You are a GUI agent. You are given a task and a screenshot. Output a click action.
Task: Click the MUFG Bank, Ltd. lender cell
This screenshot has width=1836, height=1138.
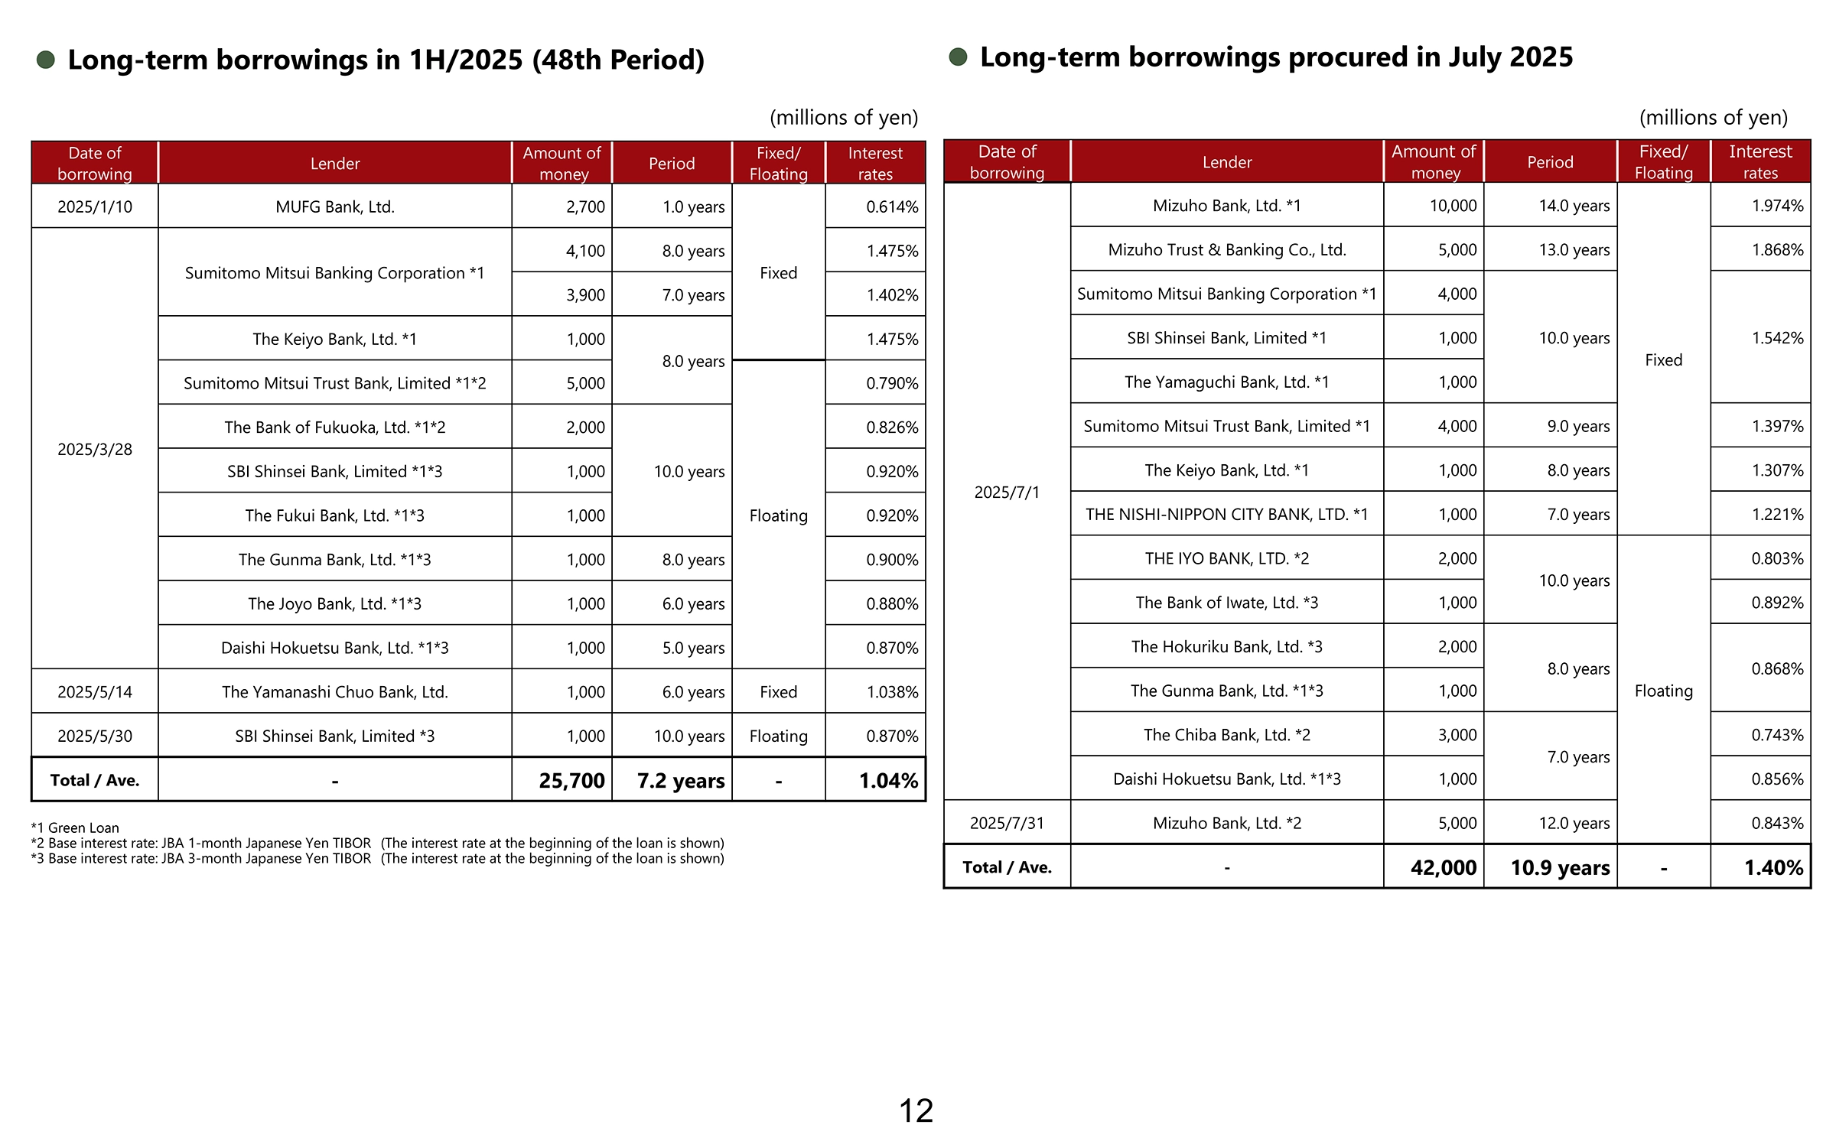pyautogui.click(x=334, y=206)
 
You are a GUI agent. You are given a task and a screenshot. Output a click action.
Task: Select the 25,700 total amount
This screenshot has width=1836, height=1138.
pyautogui.click(x=571, y=780)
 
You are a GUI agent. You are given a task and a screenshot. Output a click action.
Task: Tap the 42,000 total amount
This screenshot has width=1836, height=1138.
pyautogui.click(x=1443, y=867)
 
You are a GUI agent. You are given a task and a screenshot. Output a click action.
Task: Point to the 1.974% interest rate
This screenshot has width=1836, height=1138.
pyautogui.click(x=1777, y=206)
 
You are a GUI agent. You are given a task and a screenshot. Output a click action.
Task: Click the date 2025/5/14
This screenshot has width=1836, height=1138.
pyautogui.click(x=95, y=692)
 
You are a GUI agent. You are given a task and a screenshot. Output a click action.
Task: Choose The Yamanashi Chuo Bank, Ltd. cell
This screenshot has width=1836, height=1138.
pyautogui.click(x=334, y=692)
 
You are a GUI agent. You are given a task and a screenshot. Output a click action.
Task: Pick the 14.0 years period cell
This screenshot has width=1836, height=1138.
pyautogui.click(x=1574, y=206)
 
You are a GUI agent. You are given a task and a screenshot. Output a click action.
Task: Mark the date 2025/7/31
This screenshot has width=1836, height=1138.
pyautogui.click(x=1007, y=823)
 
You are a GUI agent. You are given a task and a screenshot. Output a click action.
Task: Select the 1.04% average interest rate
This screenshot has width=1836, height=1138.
pyautogui.click(x=887, y=780)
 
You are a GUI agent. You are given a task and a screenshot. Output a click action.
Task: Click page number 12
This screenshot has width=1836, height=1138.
pyautogui.click(x=916, y=1110)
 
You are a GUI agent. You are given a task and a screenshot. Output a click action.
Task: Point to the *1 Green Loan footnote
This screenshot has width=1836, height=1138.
pyautogui.click(x=75, y=827)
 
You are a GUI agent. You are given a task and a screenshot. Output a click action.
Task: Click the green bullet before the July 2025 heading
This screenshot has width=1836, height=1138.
pyautogui.click(x=958, y=57)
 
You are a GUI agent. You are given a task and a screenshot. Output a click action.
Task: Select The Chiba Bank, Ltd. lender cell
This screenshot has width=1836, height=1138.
pyautogui.click(x=1226, y=735)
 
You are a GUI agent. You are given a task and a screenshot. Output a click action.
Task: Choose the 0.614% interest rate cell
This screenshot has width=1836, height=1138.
pyautogui.click(x=891, y=206)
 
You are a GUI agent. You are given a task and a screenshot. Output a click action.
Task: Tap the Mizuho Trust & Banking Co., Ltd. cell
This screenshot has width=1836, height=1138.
pyautogui.click(x=1226, y=250)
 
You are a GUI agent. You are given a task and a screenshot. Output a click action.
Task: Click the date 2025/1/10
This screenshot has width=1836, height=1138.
pyautogui.click(x=95, y=206)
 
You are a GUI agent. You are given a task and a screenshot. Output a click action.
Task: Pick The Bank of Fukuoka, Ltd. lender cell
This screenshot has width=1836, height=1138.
pyautogui.click(x=334, y=428)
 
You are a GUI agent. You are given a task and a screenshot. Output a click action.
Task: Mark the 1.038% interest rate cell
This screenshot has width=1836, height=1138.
pyautogui.click(x=891, y=692)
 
